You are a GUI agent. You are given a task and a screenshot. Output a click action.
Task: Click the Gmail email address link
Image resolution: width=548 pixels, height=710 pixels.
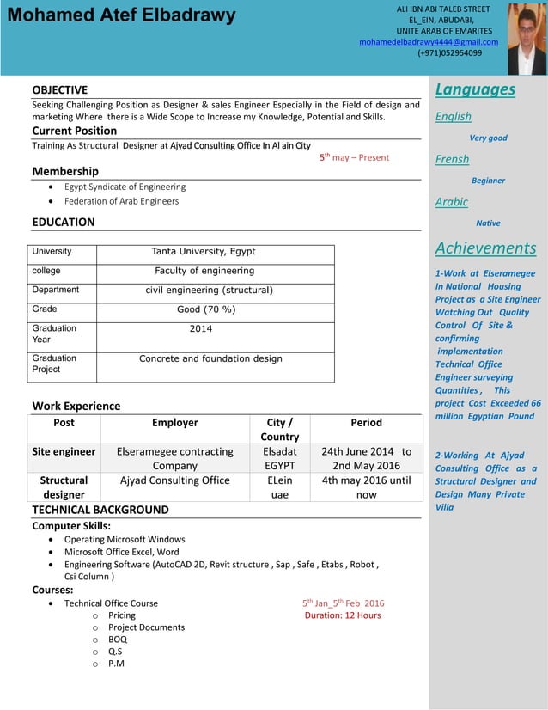[x=428, y=42]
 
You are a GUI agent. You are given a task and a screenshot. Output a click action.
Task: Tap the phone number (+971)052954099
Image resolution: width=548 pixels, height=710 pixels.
[x=449, y=53]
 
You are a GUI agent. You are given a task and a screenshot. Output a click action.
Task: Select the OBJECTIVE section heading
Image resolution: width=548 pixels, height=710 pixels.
[x=60, y=89]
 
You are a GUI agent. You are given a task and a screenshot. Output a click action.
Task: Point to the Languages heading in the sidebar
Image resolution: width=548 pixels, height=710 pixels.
[x=475, y=89]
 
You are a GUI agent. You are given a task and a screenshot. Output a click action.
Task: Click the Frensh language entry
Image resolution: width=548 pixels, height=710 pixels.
[x=452, y=159]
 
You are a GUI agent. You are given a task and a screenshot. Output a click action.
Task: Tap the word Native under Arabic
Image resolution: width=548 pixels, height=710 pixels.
[x=488, y=223]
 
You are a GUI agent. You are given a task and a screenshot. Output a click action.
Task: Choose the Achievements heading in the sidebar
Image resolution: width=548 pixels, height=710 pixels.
[x=485, y=248]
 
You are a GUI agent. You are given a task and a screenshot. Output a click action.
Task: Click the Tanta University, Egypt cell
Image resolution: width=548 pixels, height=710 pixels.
[x=204, y=252]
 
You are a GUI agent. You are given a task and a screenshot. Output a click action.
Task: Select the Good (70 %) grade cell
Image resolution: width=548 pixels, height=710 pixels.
[x=206, y=309]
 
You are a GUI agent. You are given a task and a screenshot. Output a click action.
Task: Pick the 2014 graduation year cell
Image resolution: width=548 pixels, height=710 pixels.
[x=201, y=328]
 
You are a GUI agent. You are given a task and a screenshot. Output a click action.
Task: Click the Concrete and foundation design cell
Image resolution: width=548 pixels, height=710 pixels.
[x=210, y=358]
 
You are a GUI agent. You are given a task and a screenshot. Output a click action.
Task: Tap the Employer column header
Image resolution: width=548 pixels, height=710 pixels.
[x=175, y=423]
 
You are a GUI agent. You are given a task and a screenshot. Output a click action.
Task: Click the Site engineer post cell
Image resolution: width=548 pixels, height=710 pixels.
[x=64, y=451]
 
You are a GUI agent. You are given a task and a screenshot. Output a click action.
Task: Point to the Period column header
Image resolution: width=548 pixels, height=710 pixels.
[x=366, y=423]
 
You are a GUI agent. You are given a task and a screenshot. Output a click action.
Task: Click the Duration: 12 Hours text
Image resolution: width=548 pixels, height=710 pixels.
[x=343, y=615]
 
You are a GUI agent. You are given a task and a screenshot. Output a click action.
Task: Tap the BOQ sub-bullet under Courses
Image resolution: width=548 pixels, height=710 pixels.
[x=118, y=640]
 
